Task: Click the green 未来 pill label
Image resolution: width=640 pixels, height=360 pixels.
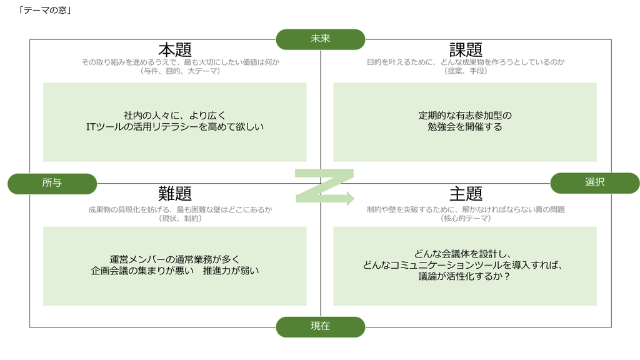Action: (321, 39)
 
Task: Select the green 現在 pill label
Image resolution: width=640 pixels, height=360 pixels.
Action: (321, 326)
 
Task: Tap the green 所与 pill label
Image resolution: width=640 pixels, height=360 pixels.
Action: (52, 183)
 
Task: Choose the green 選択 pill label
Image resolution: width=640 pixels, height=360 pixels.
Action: (595, 183)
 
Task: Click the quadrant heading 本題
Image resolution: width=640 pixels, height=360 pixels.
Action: (175, 50)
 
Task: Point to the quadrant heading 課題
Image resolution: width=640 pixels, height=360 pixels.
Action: (466, 50)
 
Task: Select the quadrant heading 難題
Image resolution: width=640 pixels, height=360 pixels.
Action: (175, 194)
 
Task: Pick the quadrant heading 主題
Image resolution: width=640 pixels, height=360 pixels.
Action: (466, 194)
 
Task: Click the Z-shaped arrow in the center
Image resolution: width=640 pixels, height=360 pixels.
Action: (324, 186)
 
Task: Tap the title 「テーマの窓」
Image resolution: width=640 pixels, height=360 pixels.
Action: (45, 10)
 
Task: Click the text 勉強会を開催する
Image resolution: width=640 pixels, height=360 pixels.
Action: (465, 127)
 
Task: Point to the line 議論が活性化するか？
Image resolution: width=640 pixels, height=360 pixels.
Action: (464, 276)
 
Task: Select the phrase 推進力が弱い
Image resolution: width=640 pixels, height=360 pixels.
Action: (231, 271)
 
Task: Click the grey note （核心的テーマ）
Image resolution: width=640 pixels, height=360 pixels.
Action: (466, 218)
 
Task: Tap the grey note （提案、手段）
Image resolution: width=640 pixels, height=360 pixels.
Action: (466, 71)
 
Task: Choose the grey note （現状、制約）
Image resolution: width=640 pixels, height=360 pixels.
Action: (181, 218)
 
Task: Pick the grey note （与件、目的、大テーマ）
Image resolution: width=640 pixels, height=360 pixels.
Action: (181, 71)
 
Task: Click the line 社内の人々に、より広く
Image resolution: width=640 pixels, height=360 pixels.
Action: (175, 116)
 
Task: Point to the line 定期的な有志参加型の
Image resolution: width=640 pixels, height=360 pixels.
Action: (465, 116)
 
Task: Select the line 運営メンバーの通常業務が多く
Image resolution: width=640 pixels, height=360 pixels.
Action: (175, 259)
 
